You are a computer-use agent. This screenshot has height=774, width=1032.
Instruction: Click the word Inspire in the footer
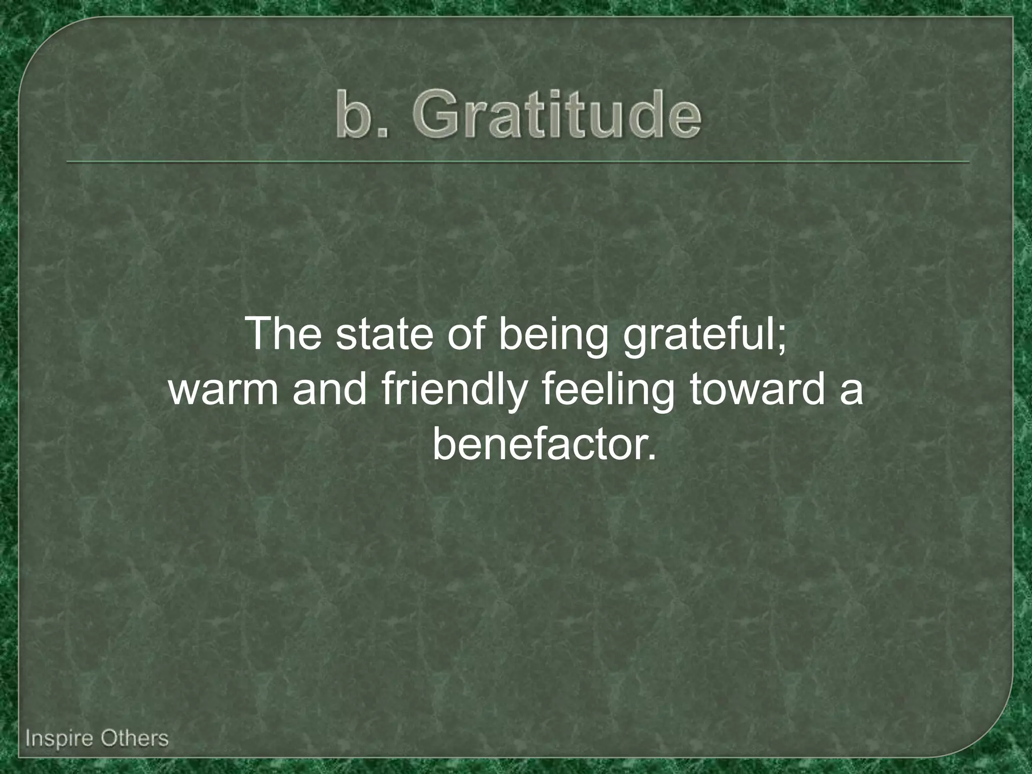point(58,739)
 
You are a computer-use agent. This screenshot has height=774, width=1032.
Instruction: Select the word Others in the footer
point(134,738)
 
